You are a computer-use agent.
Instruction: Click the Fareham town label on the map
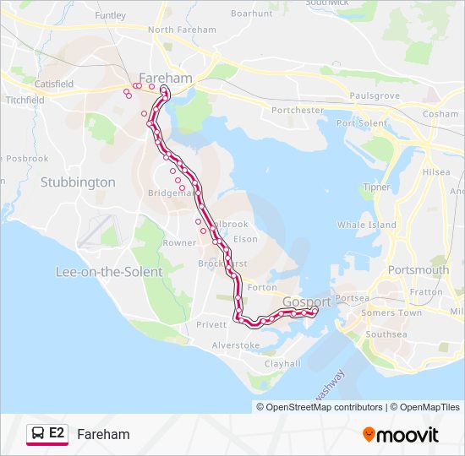(166, 78)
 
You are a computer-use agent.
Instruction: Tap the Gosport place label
(307, 301)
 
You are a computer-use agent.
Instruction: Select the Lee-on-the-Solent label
(108, 272)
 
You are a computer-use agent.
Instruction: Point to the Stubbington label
(78, 182)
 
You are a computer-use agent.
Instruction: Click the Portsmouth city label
(418, 270)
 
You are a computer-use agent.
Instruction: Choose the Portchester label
(298, 110)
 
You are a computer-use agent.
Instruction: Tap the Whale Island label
(367, 225)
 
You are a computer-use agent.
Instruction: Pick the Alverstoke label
(236, 345)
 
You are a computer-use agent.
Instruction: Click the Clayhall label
(282, 363)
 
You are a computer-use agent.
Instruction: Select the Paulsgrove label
(374, 96)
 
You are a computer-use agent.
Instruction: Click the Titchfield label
(25, 100)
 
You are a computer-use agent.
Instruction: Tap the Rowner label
(179, 242)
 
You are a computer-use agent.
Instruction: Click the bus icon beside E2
(37, 433)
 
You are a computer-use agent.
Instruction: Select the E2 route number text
(57, 433)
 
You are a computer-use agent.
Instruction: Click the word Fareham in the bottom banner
(103, 434)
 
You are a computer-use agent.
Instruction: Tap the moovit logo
(401, 435)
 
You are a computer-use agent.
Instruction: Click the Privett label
(211, 324)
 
